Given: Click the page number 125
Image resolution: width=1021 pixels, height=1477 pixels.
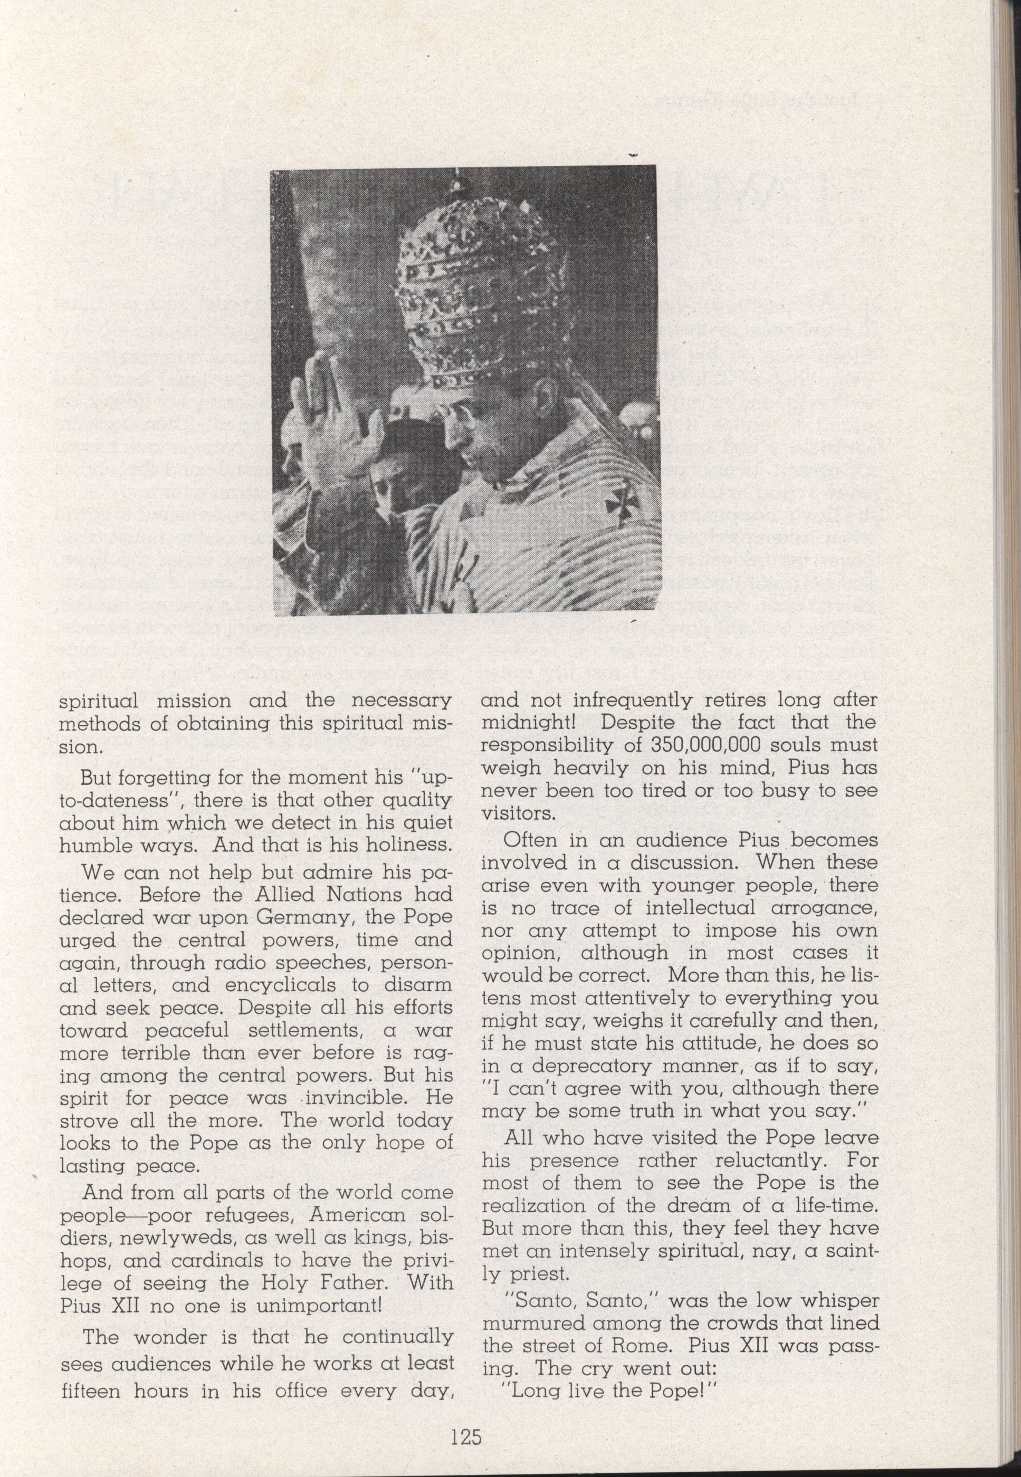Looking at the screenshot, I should (x=465, y=1421).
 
